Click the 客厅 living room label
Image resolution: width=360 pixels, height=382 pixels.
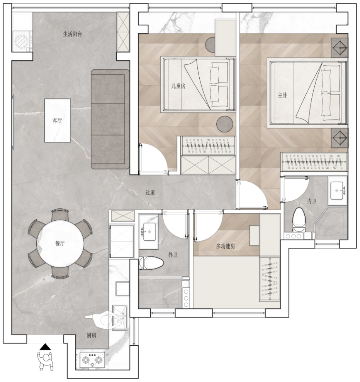pos(57,120)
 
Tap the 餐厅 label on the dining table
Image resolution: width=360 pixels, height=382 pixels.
pos(60,243)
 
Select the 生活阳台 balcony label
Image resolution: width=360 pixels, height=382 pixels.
pos(73,34)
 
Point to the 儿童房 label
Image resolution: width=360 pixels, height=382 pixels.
pos(178,86)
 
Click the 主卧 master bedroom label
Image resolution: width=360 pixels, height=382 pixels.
pos(282,95)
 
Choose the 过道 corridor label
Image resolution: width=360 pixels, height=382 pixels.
pos(150,193)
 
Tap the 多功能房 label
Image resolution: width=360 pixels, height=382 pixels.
pos(225,246)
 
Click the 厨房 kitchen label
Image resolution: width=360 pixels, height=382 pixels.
pos(92,335)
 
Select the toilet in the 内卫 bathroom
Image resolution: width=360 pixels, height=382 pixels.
pos(299,220)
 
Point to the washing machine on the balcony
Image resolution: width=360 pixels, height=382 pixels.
pos(22,41)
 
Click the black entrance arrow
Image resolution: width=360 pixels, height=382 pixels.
pos(45,347)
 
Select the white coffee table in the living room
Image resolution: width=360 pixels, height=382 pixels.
pos(58,120)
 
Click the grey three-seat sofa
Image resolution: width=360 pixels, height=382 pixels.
pos(110,119)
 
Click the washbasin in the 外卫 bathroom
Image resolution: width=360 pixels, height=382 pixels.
pos(149,232)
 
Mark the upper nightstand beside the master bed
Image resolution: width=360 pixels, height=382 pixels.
pos(340,48)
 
